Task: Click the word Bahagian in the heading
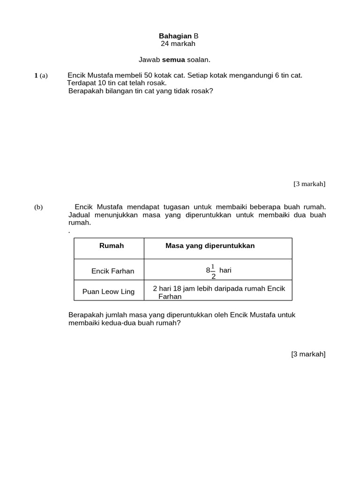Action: [x=175, y=36]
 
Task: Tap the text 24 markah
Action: [x=178, y=44]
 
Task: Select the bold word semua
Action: [x=173, y=60]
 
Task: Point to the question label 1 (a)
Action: [x=41, y=75]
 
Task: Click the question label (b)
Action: [x=38, y=207]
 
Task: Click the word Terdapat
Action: [x=81, y=83]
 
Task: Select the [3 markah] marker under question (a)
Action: [x=309, y=184]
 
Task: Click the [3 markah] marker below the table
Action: [x=308, y=354]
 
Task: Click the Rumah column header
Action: [x=112, y=246]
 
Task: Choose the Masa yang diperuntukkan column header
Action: [x=210, y=246]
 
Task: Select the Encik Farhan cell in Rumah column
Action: [x=112, y=271]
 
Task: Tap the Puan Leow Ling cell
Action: [x=108, y=291]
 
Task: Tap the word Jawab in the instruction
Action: [x=149, y=60]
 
